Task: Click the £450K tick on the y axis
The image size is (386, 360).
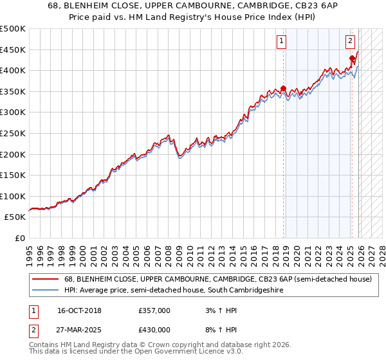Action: coord(13,50)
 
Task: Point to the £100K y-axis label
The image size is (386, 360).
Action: coord(13,196)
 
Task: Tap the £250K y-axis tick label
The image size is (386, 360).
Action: coord(13,133)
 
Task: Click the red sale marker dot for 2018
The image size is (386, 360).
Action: coord(283,89)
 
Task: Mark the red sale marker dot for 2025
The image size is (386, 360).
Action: coord(352,59)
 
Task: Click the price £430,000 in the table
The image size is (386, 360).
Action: coord(154,330)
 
